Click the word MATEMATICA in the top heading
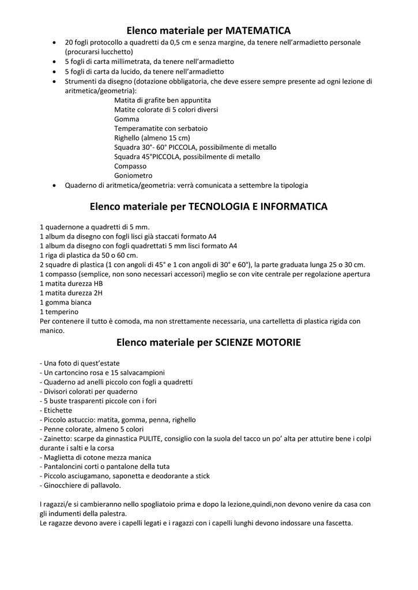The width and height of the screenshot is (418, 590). click(x=258, y=29)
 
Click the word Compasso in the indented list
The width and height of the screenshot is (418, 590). click(x=130, y=166)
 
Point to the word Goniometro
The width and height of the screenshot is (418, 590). click(x=133, y=175)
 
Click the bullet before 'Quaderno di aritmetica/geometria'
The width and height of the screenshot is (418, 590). click(x=54, y=186)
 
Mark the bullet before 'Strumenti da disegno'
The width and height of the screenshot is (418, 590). click(x=54, y=81)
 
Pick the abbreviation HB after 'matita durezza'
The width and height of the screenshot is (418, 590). click(x=98, y=283)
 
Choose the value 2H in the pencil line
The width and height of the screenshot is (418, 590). click(x=98, y=293)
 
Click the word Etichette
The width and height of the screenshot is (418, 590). click(x=58, y=410)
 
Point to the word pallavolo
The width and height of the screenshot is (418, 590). click(x=105, y=485)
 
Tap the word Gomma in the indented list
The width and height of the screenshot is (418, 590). click(x=126, y=119)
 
